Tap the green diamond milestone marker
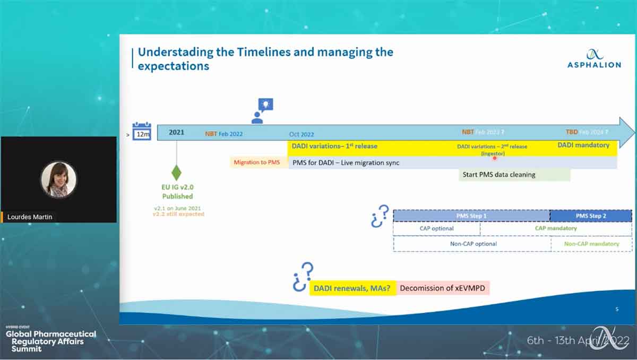[176, 173]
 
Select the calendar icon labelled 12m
[142, 131]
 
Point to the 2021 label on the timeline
[176, 132]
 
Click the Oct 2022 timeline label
[302, 134]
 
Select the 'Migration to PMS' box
[257, 162]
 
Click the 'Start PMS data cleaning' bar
[514, 175]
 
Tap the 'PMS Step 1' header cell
[471, 216]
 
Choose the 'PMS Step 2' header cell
[590, 216]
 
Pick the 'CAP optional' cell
[436, 229]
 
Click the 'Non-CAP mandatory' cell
[591, 244]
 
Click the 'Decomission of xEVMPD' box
[443, 288]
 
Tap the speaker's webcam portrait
[59, 179]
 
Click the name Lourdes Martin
[30, 217]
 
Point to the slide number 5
[617, 309]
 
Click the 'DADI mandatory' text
[583, 145]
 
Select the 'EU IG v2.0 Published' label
[177, 192]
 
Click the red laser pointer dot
[495, 158]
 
